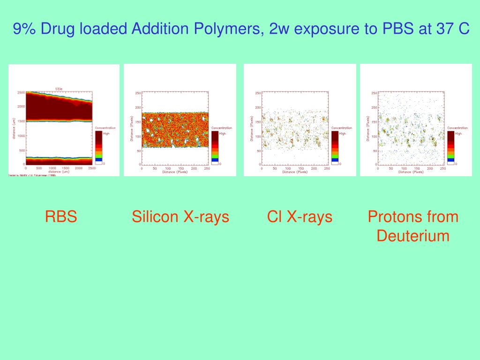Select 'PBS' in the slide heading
[398, 29]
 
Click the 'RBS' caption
[61, 217]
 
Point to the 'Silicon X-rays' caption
[180, 217]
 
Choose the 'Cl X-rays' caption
[300, 217]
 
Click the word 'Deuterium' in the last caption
[413, 236]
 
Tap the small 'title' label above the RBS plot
[59, 89]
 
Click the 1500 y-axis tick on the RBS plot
[21, 121]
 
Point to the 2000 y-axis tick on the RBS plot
[21, 106]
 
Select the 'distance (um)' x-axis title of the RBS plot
[59, 172]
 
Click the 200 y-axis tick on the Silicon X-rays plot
[138, 107]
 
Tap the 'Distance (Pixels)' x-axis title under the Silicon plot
[175, 172]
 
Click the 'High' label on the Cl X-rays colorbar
[342, 134]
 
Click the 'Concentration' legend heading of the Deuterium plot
[457, 128]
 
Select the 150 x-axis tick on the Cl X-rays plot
[301, 168]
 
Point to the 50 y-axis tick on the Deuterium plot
[375, 150]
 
